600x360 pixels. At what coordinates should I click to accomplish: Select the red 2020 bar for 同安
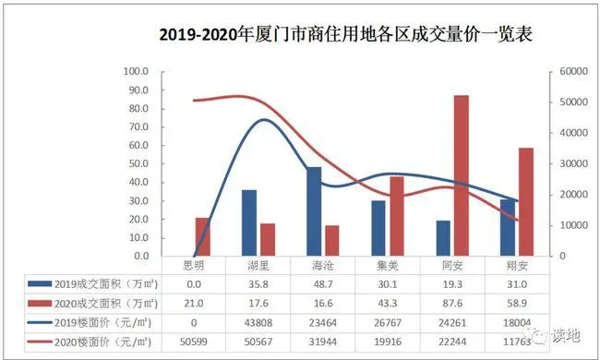(460, 175)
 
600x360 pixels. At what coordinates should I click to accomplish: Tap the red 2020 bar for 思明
(202, 236)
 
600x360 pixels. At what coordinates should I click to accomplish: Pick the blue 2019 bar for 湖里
(249, 222)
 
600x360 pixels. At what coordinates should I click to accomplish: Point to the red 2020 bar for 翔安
(524, 201)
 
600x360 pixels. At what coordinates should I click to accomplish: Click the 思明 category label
(194, 266)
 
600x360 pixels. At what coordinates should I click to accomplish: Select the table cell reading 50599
(194, 342)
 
